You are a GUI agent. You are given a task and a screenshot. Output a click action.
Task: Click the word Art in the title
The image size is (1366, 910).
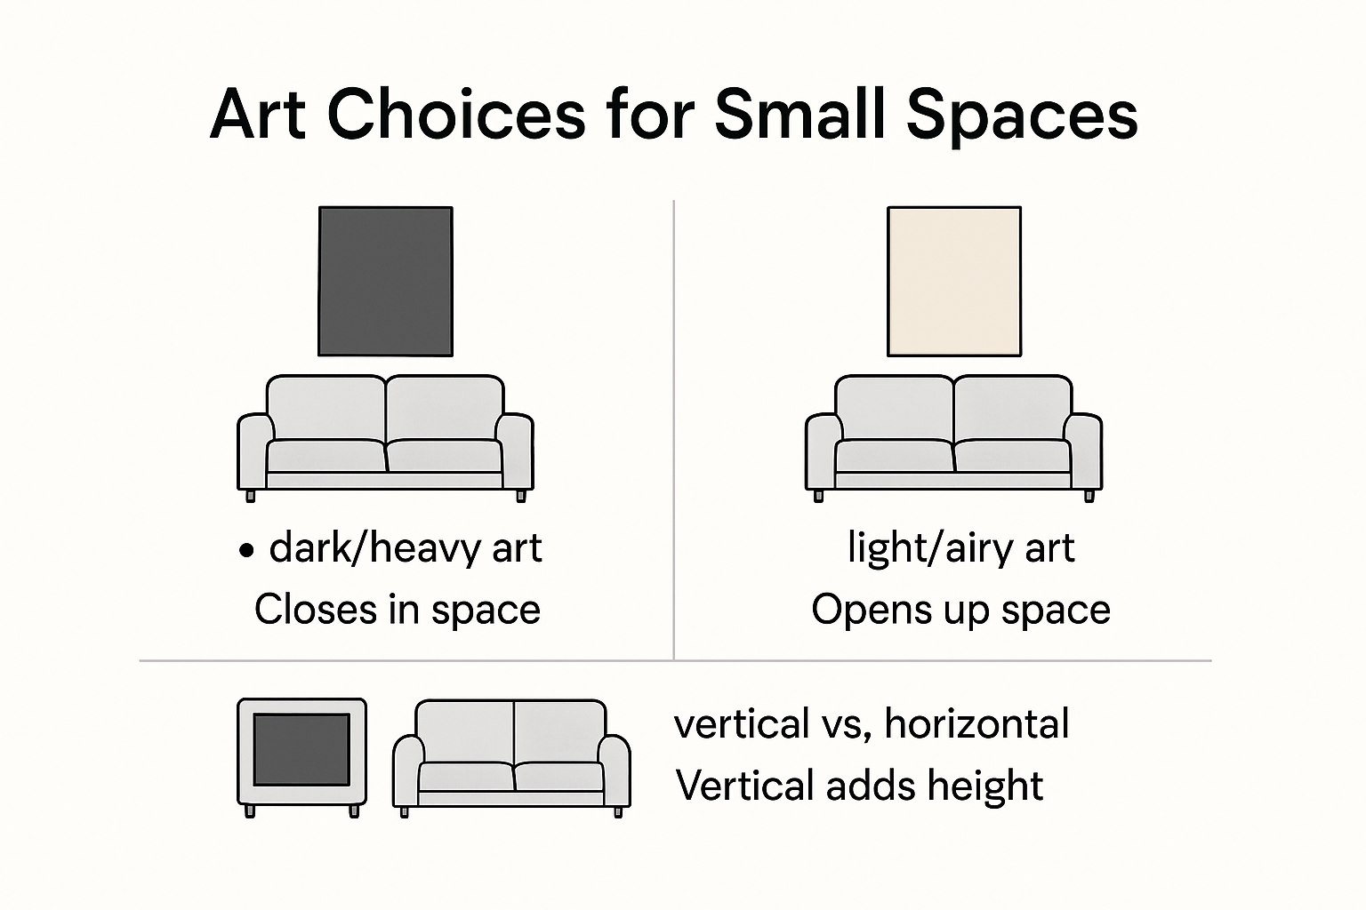tap(258, 115)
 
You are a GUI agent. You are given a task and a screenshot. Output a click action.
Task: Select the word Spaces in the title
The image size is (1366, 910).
tap(1024, 115)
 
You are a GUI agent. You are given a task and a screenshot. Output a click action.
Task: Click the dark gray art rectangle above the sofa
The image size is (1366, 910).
tap(385, 281)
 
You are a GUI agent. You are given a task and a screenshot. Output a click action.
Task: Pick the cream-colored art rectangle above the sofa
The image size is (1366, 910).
tap(953, 281)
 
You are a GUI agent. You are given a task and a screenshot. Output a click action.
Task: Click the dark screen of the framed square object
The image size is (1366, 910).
tap(301, 750)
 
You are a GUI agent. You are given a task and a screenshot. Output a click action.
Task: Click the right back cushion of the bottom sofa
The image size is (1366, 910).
tap(558, 730)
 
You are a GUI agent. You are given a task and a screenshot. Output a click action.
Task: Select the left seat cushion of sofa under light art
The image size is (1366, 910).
tap(893, 456)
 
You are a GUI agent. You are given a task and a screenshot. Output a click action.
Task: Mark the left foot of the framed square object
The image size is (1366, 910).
tap(250, 811)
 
